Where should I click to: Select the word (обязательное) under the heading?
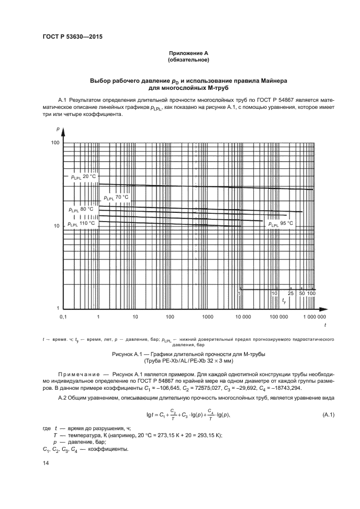[x=188, y=59]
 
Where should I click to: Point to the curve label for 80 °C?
[x=81, y=209]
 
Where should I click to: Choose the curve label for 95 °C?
[x=280, y=223]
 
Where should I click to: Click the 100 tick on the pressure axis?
[x=54, y=143]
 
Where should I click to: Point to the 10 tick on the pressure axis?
[x=56, y=225]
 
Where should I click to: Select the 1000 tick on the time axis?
[x=206, y=316]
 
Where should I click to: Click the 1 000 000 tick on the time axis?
[x=314, y=316]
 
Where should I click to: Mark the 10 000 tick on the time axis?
[x=242, y=316]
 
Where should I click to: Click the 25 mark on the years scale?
[x=291, y=293]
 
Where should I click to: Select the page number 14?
[x=45, y=462]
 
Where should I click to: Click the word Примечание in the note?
[x=82, y=375]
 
